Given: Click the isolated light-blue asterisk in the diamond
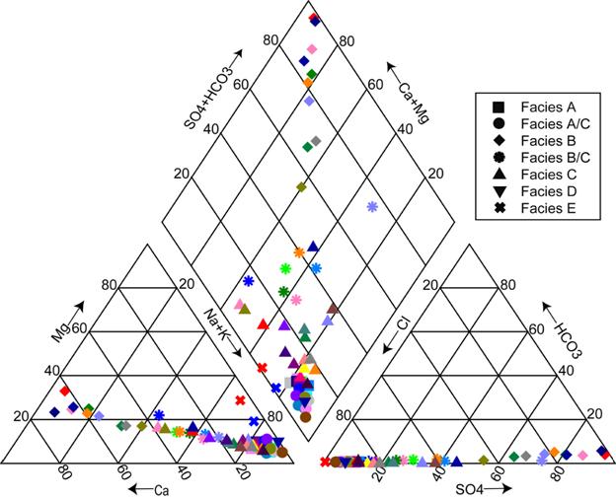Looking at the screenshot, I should pyautogui.click(x=372, y=207).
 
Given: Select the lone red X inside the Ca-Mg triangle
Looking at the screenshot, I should pyautogui.click(x=240, y=400).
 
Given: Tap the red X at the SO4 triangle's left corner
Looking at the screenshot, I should pyautogui.click(x=326, y=462).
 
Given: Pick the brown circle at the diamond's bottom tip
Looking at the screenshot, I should pyautogui.click(x=306, y=417).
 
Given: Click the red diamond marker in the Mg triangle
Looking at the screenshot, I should pyautogui.click(x=64, y=391).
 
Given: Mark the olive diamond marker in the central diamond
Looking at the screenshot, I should pyautogui.click(x=302, y=186).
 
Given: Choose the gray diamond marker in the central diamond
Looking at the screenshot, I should pyautogui.click(x=316, y=140).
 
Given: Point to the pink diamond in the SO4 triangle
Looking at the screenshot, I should pyautogui.click(x=583, y=456).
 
